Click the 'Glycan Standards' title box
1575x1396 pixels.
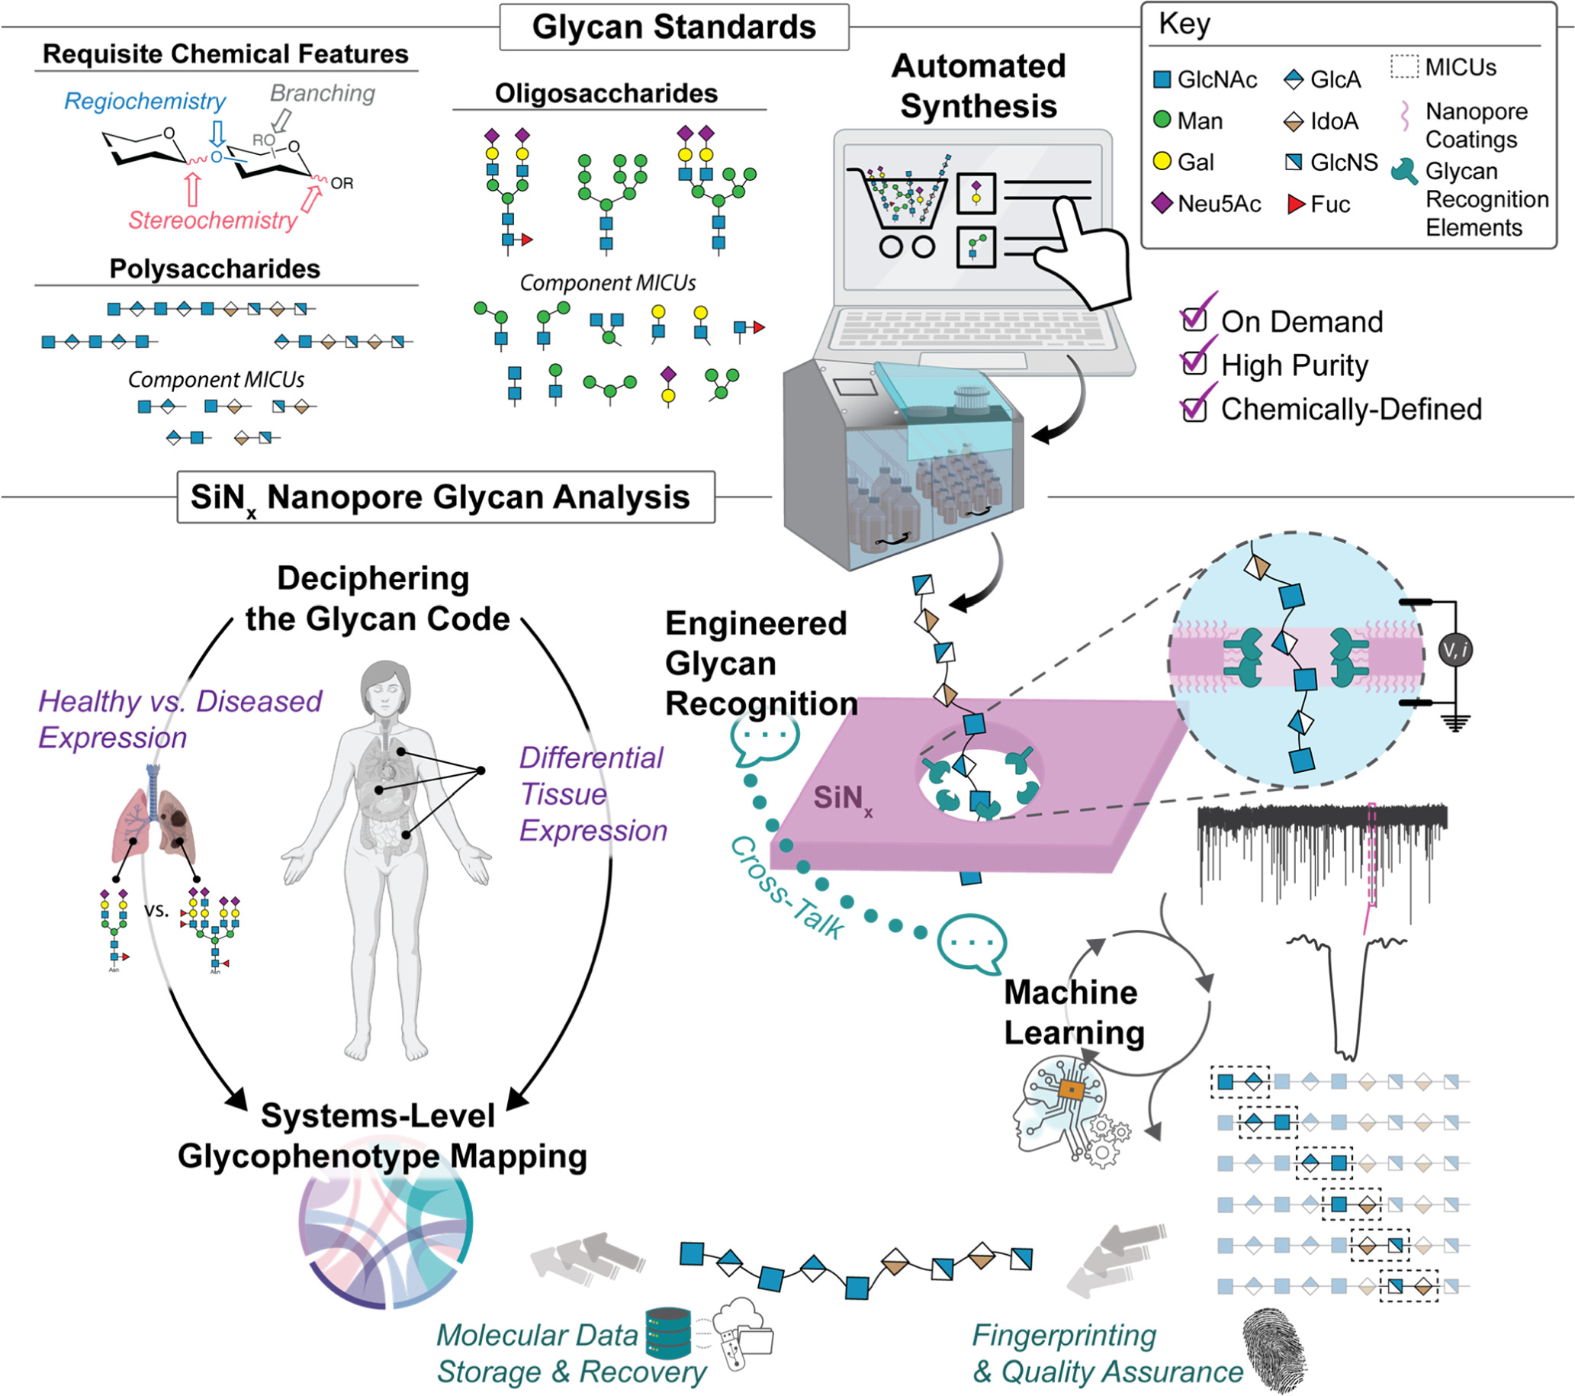(x=673, y=27)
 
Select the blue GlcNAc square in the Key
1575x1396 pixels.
(x=1161, y=79)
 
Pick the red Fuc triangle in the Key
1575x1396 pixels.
(x=1295, y=204)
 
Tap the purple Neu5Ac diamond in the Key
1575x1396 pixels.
(x=1161, y=204)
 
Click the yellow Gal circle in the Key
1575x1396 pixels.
(x=1161, y=161)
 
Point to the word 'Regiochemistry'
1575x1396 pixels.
(x=144, y=101)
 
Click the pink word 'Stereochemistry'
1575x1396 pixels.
(x=213, y=220)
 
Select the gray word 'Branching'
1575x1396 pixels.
(x=322, y=93)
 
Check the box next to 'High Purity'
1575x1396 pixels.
(x=1194, y=362)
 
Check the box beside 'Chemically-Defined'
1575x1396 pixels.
(x=1194, y=407)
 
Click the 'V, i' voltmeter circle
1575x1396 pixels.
(x=1454, y=650)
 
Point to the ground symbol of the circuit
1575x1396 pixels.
(x=1454, y=723)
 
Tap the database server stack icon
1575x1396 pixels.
(x=668, y=1333)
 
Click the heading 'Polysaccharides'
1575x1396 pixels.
(x=214, y=269)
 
